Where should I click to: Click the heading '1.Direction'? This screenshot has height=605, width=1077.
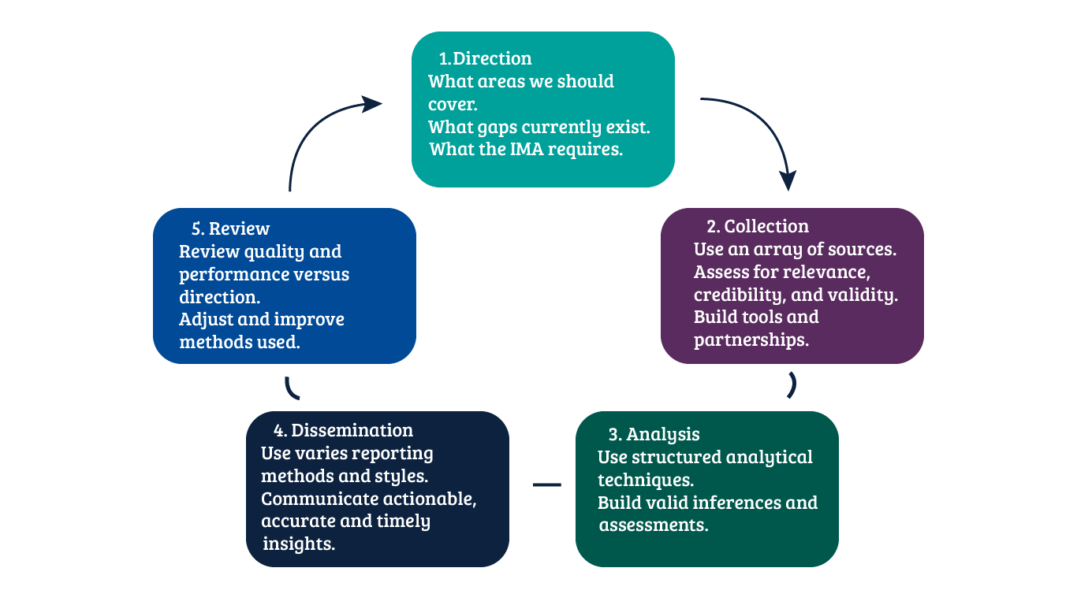click(485, 59)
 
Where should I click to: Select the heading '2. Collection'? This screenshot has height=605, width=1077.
click(758, 227)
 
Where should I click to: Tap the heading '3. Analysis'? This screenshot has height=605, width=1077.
click(654, 435)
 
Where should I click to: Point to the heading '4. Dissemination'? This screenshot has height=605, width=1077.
click(343, 431)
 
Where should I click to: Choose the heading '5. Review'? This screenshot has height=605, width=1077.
click(230, 229)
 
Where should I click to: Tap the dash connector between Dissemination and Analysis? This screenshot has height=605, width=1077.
click(547, 484)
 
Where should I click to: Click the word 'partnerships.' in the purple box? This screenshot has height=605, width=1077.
click(750, 341)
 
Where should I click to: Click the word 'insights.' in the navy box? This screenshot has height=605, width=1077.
click(299, 544)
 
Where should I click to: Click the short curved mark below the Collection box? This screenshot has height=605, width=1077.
click(792, 385)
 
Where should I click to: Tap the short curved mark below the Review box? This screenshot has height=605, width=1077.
click(291, 388)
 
